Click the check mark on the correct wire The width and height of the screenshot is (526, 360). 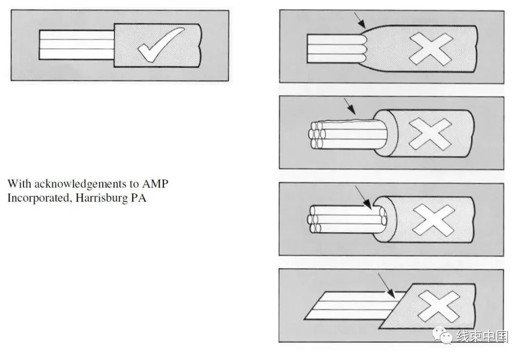coord(161,45)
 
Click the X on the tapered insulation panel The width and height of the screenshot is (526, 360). coord(431,49)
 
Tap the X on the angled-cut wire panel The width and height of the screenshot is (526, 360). coord(438,306)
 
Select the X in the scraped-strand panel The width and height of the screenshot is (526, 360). coord(430,133)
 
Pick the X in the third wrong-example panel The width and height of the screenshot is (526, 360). coord(433,220)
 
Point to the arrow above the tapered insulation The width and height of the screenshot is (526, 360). coord(360,19)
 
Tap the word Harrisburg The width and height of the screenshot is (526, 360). coord(97,199)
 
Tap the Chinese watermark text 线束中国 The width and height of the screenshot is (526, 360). coord(482,336)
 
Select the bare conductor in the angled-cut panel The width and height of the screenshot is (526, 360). coord(346,305)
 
